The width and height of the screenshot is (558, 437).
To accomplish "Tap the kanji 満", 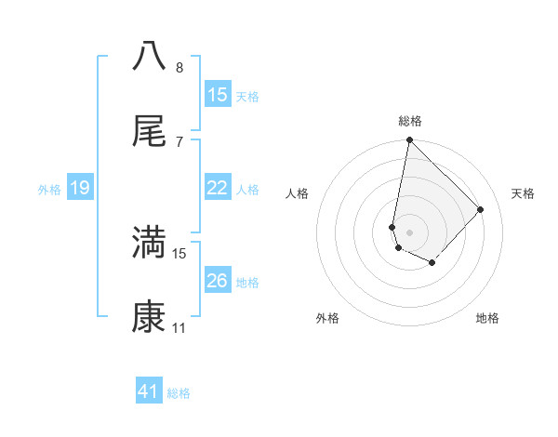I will (x=149, y=242).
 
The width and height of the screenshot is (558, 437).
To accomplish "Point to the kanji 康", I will (x=149, y=317).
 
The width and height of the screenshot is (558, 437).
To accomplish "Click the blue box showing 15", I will (x=218, y=95).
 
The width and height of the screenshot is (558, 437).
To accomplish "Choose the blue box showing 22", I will (x=218, y=188).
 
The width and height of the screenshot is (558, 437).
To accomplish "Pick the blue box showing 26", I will (x=218, y=281).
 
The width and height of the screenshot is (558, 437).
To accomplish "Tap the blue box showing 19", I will (x=80, y=188).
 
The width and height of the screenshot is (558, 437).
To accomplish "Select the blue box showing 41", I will (x=149, y=391).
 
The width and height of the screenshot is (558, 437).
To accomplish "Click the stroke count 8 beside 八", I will (x=179, y=67).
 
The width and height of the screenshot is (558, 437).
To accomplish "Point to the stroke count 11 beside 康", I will (x=179, y=328).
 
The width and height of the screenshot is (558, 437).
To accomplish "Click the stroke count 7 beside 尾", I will (x=179, y=141).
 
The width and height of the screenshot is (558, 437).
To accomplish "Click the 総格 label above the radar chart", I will (x=410, y=121).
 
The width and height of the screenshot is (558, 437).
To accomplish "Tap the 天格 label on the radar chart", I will (x=523, y=193).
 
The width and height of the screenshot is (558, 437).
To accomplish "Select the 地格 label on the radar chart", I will (x=487, y=318).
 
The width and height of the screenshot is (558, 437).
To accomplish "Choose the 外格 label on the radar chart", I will (x=327, y=318).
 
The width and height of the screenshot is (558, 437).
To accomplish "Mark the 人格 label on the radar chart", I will (x=297, y=193).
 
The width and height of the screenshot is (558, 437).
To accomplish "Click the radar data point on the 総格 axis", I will (x=409, y=141).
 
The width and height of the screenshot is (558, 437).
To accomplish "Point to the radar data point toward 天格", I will (x=480, y=209).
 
